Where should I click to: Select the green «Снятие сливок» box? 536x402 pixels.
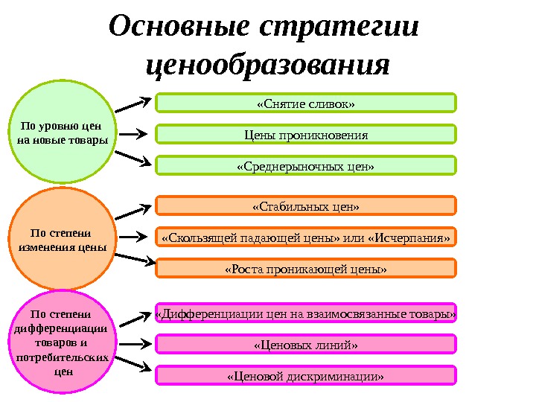pos(305,103)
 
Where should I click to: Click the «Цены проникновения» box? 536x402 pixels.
pos(305,135)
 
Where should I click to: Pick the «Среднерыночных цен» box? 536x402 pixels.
pos(305,165)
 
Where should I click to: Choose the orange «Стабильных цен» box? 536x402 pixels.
pos(305,205)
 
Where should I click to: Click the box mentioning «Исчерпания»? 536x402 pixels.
pos(305,237)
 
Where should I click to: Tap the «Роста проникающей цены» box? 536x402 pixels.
pos(305,268)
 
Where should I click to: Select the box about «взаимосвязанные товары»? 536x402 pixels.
pos(305,313)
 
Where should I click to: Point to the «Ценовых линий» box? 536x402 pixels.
pos(305,345)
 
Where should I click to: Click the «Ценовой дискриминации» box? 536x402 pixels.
pos(305,375)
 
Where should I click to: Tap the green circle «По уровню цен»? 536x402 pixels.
pos(62,133)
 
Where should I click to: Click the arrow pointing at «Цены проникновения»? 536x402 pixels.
pos(134,135)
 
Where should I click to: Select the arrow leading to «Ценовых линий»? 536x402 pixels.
pos(134,345)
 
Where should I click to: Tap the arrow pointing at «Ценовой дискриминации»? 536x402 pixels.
pos(134,364)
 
